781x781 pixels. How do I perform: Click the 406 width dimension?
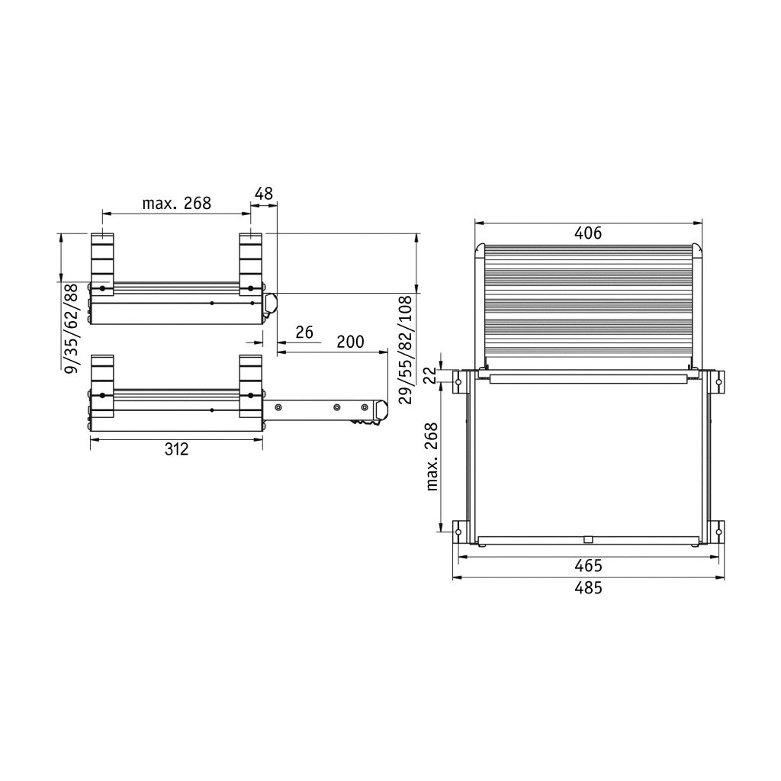pos(588,233)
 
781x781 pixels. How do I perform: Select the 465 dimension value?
pos(588,566)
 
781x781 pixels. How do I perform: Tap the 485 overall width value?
pos(588,588)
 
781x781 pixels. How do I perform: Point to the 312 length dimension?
pos(177,449)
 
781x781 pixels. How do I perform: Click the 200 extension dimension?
pos(350,342)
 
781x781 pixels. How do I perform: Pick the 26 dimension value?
pos(304,333)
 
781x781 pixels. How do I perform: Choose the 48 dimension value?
pos(263,194)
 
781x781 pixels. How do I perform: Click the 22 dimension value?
pos(432,374)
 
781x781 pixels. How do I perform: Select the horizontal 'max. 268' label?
pos(177,203)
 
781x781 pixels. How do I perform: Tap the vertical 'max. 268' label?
pos(432,457)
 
